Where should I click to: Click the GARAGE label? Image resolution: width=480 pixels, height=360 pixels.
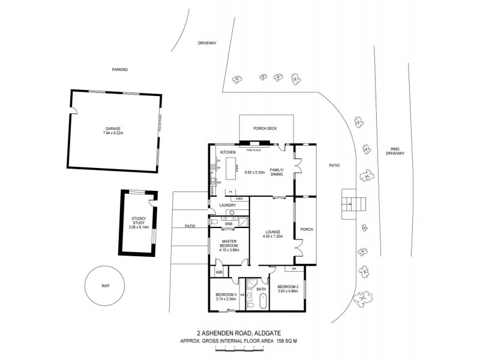click(113, 129)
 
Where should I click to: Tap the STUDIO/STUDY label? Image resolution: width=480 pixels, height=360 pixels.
click(139, 220)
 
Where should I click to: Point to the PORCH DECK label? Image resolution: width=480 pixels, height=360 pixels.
click(266, 128)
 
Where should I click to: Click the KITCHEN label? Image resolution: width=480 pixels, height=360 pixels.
click(228, 153)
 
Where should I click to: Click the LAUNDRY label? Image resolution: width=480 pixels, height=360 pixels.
click(228, 205)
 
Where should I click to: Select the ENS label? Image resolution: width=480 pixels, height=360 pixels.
click(229, 224)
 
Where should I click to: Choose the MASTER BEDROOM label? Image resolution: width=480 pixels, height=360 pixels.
click(229, 243)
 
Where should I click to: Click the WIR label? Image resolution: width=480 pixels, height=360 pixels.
click(220, 272)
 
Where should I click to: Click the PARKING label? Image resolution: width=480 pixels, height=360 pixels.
click(120, 70)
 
